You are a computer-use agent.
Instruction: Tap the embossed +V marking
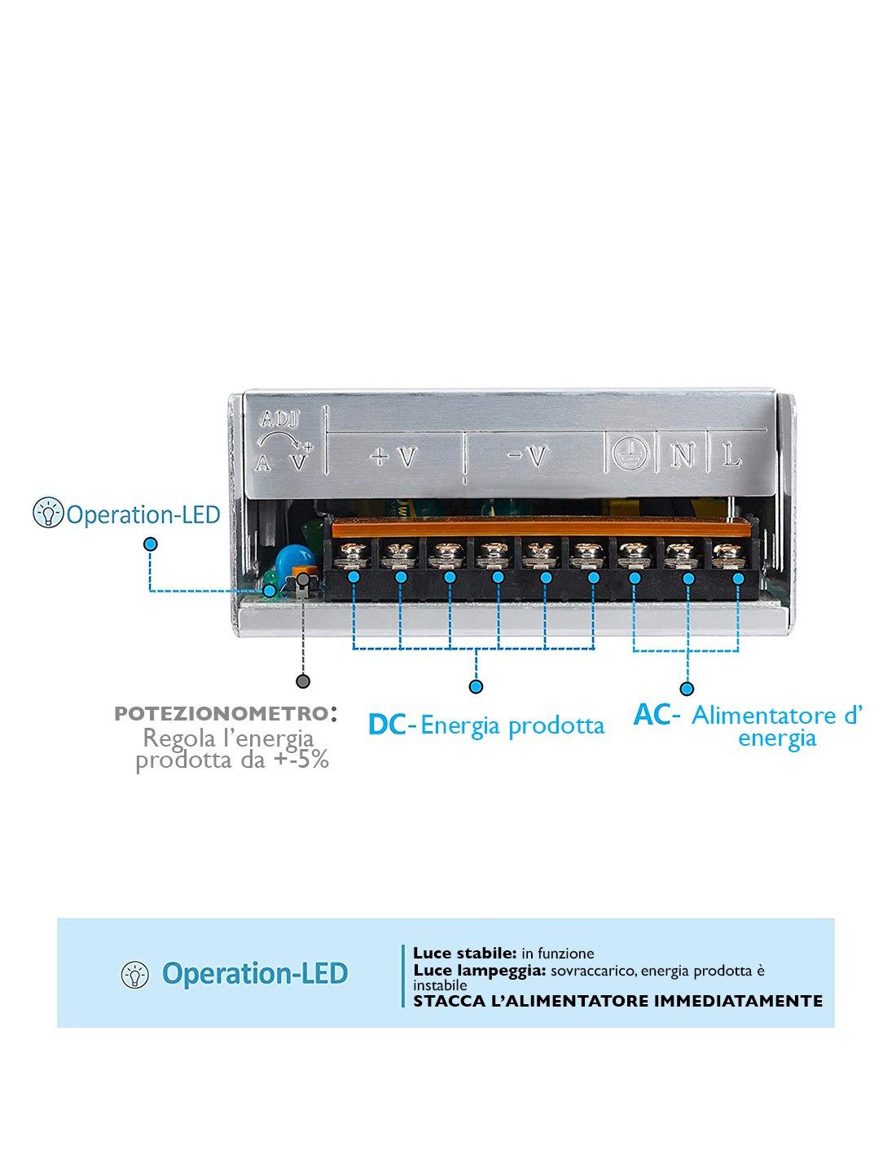coord(393,456)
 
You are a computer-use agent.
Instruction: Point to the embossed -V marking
coord(528,456)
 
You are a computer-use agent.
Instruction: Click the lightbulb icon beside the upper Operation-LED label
coord(48,513)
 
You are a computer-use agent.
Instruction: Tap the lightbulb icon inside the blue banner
coord(135,975)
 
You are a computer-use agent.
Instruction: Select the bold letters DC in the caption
coord(388,725)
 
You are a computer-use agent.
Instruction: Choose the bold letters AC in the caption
coord(652,714)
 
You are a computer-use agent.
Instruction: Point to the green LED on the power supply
coord(269,583)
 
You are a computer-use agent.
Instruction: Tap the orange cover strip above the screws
coord(541,527)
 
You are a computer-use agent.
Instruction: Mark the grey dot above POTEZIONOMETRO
coord(303,681)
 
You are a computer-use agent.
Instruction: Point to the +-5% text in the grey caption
coord(301,760)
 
